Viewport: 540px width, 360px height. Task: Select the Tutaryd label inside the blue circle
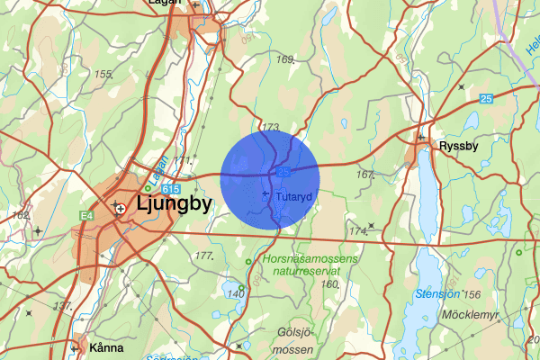(x=292, y=195)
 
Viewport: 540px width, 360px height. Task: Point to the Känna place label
(x=106, y=347)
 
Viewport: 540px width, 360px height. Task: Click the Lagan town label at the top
(x=162, y=4)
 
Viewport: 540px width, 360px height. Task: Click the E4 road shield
(x=86, y=215)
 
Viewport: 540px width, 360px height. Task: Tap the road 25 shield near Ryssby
(x=486, y=98)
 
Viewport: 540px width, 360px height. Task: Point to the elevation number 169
(x=286, y=60)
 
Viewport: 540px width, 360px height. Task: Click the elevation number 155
(x=103, y=74)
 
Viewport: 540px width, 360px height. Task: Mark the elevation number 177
(x=203, y=256)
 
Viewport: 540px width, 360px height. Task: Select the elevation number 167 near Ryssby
(x=364, y=175)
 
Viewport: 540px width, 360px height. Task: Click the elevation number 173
(x=270, y=127)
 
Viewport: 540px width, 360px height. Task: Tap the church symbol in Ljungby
(x=120, y=208)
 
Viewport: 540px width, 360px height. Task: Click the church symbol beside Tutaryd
(x=265, y=194)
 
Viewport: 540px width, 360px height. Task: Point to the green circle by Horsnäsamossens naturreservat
(x=249, y=262)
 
